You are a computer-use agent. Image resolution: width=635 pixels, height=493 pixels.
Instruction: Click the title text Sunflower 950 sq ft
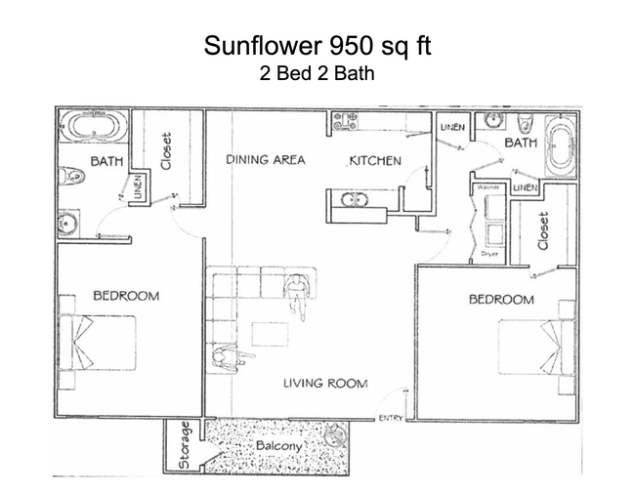[317, 46]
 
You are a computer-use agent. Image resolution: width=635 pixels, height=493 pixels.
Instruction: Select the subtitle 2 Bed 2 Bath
[317, 74]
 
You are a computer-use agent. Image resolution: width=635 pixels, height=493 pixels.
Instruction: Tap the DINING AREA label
[266, 160]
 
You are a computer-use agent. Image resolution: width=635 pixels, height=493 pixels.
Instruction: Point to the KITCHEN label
[375, 160]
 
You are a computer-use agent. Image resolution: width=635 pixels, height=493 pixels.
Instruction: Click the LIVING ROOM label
[325, 384]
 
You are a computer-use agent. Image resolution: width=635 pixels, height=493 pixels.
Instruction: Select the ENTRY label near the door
[390, 419]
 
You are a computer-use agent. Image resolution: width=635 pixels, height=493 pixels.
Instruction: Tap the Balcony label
[276, 447]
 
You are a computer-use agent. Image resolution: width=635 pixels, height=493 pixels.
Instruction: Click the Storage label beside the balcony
[184, 448]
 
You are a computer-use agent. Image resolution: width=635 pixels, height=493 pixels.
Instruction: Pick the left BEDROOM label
[126, 296]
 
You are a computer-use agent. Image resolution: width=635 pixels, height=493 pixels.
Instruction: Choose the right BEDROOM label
[501, 299]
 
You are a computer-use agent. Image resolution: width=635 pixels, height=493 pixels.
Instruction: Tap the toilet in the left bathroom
[71, 177]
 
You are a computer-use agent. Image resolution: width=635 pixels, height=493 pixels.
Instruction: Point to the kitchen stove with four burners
[345, 122]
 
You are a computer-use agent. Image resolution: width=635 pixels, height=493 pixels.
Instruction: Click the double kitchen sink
[353, 201]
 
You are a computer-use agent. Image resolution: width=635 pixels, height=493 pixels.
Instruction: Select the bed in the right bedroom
[532, 348]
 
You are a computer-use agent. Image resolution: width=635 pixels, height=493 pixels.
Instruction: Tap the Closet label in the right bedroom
[543, 231]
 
